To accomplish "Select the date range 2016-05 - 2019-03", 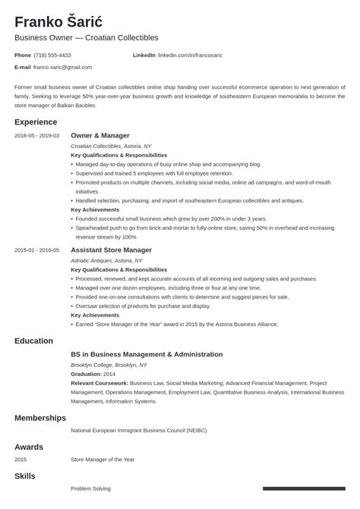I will click(36, 135).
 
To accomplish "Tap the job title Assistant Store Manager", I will click(111, 249).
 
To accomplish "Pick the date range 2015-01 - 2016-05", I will click(36, 250).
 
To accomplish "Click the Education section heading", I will click(33, 341).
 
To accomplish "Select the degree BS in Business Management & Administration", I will click(147, 354).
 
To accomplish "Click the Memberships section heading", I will click(39, 418).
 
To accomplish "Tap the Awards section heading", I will click(28, 447).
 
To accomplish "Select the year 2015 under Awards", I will click(21, 459).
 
